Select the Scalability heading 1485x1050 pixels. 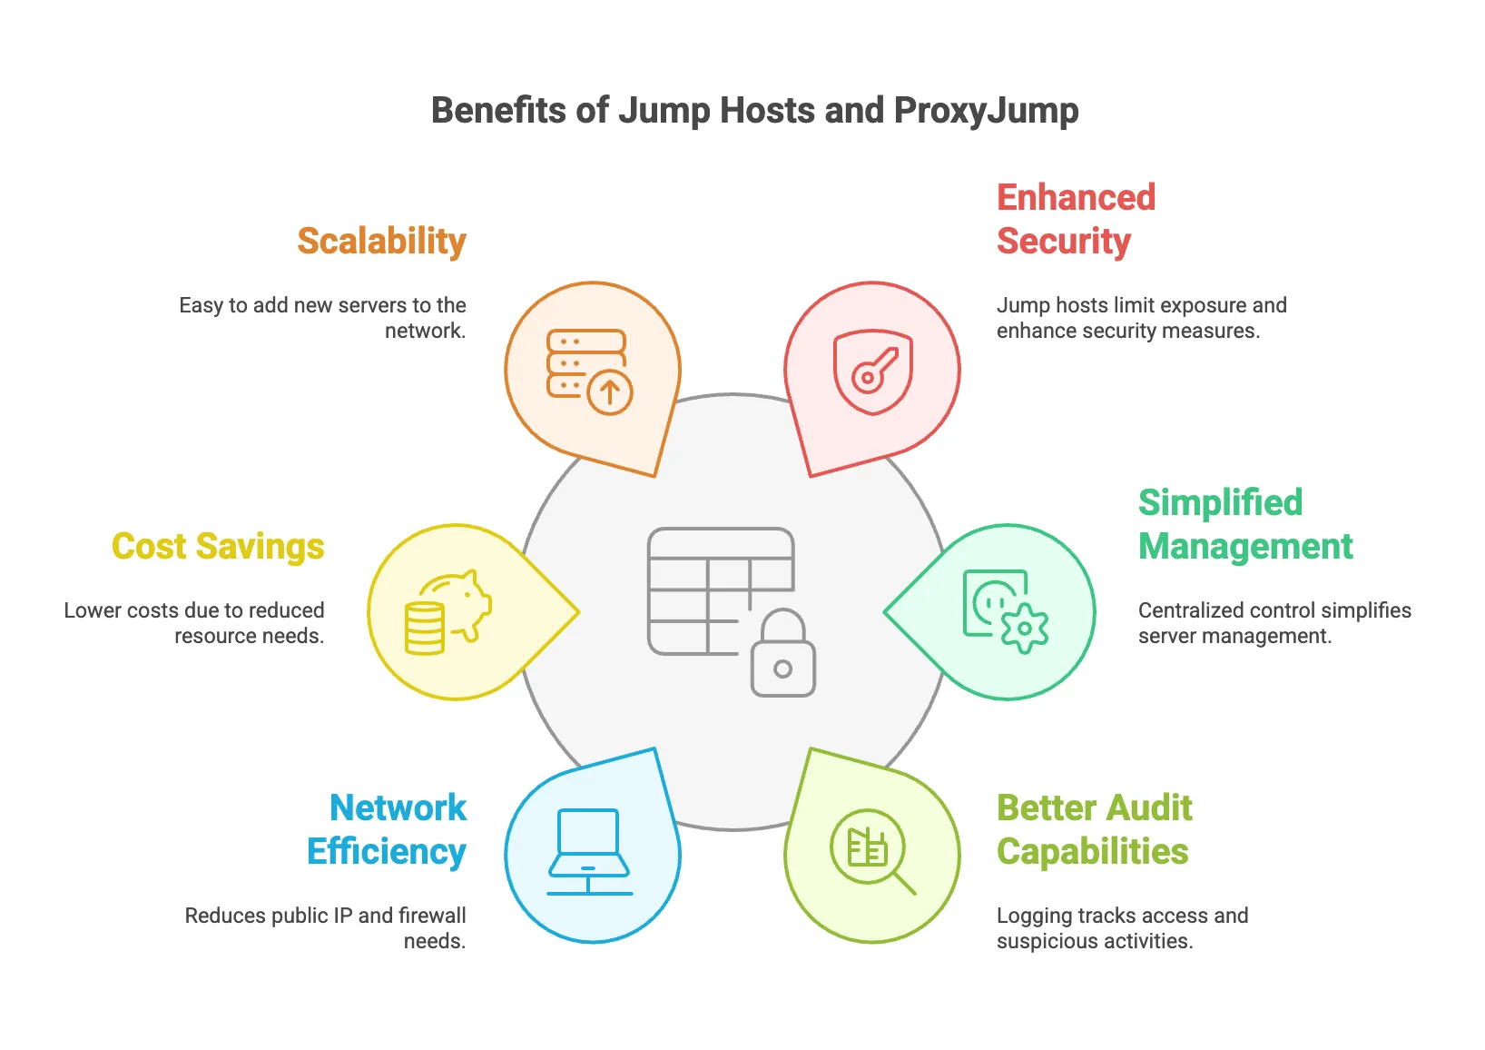(x=381, y=242)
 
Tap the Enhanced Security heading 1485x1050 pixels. (x=1076, y=220)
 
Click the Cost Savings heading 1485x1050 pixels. (x=218, y=547)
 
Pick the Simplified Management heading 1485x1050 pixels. (x=1245, y=525)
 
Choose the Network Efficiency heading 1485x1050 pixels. (x=387, y=830)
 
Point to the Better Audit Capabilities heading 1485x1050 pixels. (x=1095, y=830)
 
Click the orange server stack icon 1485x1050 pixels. (x=586, y=363)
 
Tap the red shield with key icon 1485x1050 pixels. (x=873, y=372)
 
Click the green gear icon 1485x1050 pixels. (x=1025, y=628)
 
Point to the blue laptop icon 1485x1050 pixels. (x=589, y=850)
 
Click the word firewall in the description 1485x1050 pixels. (x=430, y=916)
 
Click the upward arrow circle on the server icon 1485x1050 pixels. (x=610, y=392)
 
